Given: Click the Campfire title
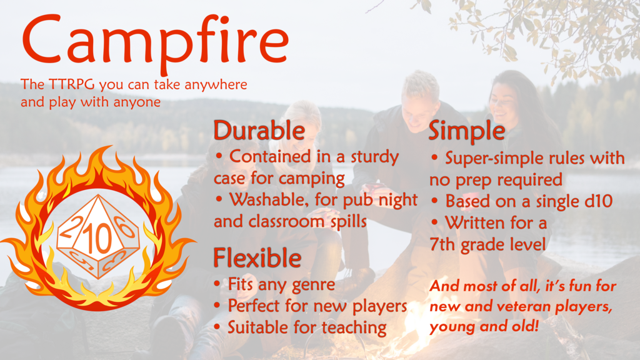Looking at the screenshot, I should tap(155, 42).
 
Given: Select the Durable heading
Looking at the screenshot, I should tap(259, 131).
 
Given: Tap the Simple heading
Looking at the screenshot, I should tap(467, 131).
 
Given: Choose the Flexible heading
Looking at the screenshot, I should tap(257, 257).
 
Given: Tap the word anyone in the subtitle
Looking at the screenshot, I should tap(138, 101).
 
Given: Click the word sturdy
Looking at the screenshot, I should tap(374, 156).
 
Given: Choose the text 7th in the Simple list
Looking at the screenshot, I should tap(443, 244).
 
